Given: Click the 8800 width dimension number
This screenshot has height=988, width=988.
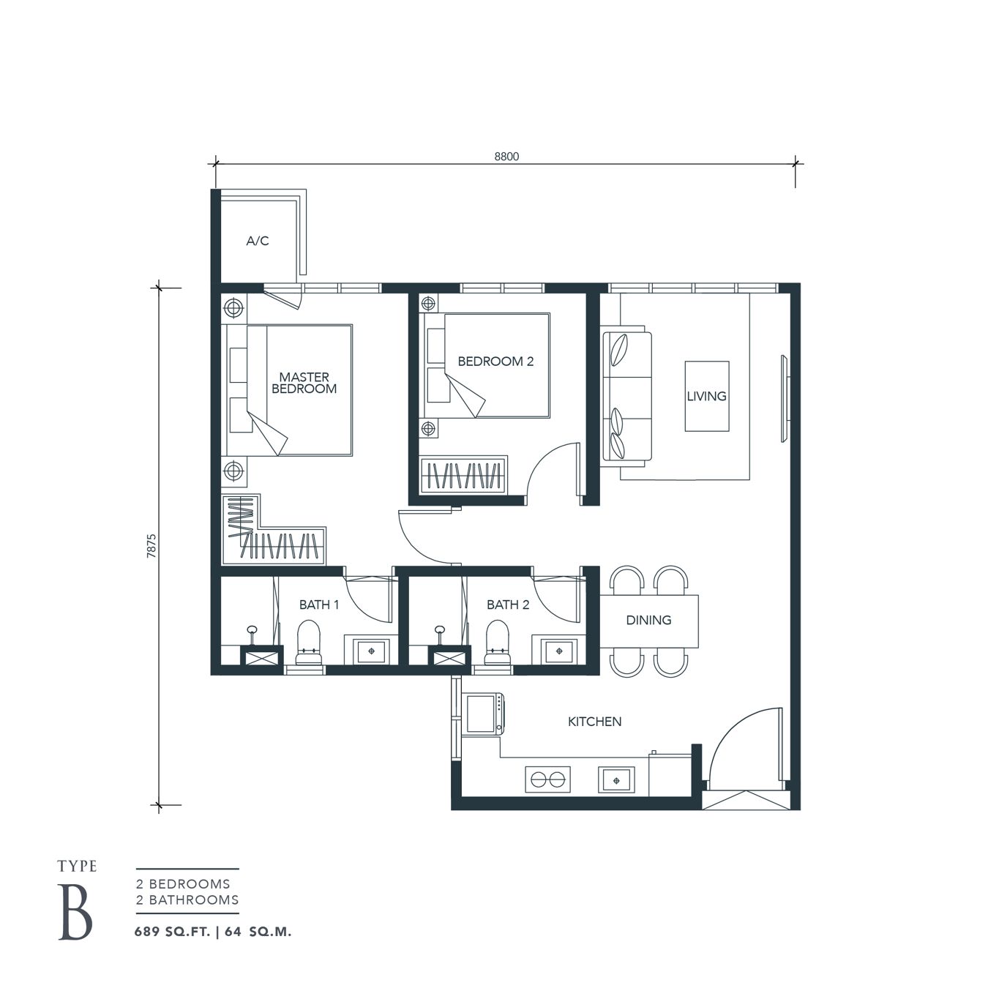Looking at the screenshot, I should pos(506,156).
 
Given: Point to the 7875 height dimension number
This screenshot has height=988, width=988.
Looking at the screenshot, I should pos(151,546).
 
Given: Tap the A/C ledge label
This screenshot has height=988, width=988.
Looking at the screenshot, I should pos(258,241).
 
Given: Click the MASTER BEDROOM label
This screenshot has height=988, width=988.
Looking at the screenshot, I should pos(304,383).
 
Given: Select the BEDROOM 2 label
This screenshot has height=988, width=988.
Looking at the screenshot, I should pos(495,361).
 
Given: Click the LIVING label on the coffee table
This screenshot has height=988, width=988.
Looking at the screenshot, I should pos(706,396).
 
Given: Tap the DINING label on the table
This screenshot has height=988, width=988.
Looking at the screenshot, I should pos(648,620).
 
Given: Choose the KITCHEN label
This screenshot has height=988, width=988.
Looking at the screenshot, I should pos(594,722).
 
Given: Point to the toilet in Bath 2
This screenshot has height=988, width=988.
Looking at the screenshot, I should pos(498,643).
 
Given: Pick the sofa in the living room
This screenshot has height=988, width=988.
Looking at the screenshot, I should pos(626,396).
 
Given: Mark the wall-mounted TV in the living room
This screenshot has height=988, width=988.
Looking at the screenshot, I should pos(784,399).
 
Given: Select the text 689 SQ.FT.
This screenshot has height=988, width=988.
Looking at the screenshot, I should pos(173,932).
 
